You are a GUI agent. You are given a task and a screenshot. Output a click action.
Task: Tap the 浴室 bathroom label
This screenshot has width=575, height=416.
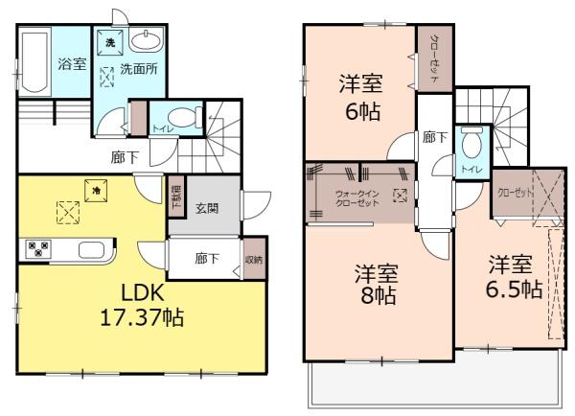click(72, 65)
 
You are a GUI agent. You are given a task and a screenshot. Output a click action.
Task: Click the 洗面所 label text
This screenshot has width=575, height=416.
click(139, 70)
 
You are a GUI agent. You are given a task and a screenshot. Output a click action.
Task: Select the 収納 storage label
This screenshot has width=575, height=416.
click(253, 258)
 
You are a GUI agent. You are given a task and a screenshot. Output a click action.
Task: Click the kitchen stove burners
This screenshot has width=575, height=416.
click(39, 249)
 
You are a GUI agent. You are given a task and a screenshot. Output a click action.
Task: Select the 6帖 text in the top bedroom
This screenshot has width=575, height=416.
click(361, 111)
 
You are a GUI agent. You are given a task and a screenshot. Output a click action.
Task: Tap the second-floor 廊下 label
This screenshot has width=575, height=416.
click(435, 137)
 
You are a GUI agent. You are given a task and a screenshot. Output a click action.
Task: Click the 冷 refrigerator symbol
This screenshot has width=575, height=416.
click(96, 190)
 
